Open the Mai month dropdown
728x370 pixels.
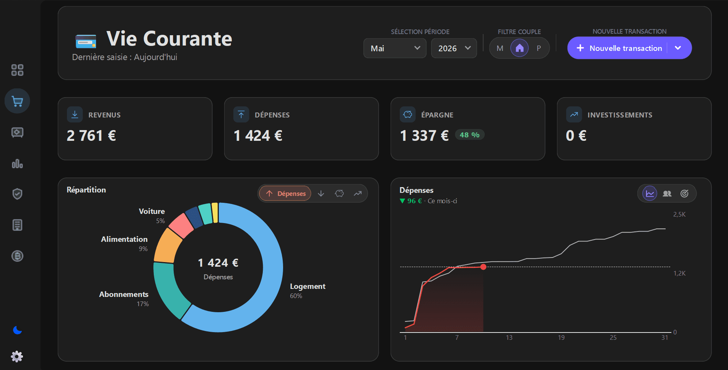click(x=395, y=48)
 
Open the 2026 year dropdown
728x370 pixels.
click(x=454, y=48)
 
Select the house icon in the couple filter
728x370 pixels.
click(x=520, y=48)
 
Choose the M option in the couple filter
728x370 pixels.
click(x=500, y=48)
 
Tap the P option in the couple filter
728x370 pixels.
click(x=539, y=48)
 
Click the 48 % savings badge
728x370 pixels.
click(x=469, y=135)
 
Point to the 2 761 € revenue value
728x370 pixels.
click(x=91, y=136)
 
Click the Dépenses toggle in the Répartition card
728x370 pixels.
click(x=285, y=194)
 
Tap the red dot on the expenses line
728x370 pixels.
click(x=484, y=267)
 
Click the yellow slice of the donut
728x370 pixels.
click(x=215, y=212)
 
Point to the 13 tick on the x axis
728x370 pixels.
click(x=509, y=337)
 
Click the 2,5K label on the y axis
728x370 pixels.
click(x=679, y=215)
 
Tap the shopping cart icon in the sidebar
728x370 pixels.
click(x=17, y=101)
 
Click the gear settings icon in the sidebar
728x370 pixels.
click(x=17, y=357)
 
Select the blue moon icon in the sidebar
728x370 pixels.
click(x=17, y=330)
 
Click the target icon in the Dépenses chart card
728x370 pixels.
click(x=684, y=194)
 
